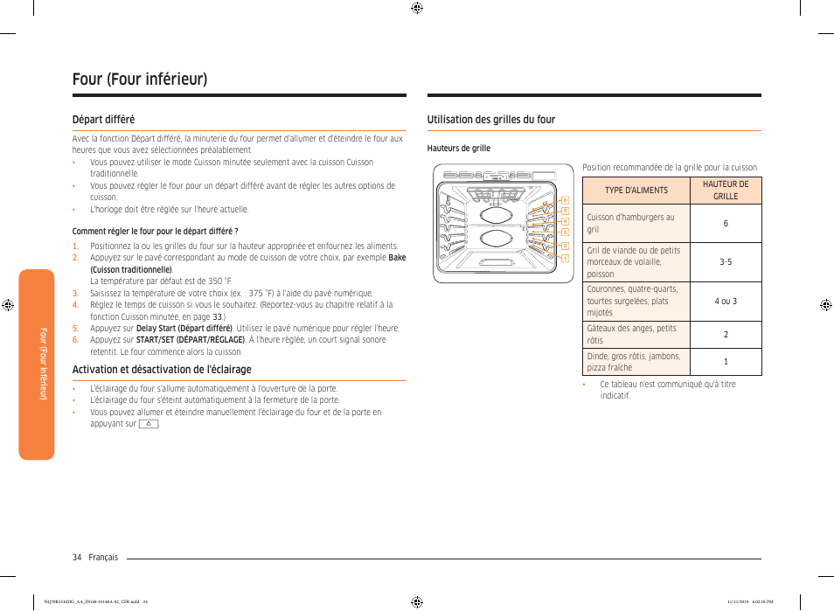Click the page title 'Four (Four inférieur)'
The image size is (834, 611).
point(140,80)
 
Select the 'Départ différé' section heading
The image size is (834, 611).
point(103,120)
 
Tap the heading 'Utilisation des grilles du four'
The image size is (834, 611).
point(490,120)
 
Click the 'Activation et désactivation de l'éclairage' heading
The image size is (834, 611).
point(162,370)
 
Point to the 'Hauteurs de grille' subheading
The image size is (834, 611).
point(458,149)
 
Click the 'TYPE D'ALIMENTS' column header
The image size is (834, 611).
point(636,191)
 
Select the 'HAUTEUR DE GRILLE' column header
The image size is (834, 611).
point(726,191)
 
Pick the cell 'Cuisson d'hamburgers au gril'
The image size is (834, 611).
point(631,224)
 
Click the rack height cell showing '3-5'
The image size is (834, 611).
point(726,261)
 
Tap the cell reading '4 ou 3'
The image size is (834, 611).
point(726,301)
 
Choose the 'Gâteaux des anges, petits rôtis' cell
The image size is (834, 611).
point(631,334)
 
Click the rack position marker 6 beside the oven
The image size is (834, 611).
point(566,201)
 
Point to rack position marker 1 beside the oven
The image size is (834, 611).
point(566,258)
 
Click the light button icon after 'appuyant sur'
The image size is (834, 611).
point(149,424)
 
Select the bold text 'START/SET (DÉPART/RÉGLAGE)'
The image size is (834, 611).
point(190,340)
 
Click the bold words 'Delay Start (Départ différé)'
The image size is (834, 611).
point(184,329)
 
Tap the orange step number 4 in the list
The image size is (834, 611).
point(75,305)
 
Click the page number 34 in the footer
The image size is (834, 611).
point(77,557)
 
